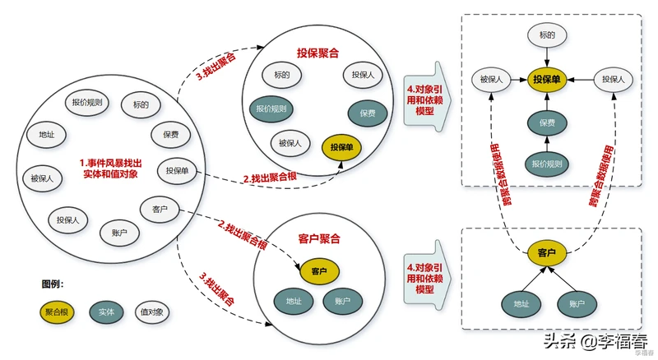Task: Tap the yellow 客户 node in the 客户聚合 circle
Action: [x=319, y=270]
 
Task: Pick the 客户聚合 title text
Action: [x=318, y=239]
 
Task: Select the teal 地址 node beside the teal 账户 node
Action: [x=294, y=300]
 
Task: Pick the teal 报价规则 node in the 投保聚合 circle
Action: [x=271, y=108]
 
